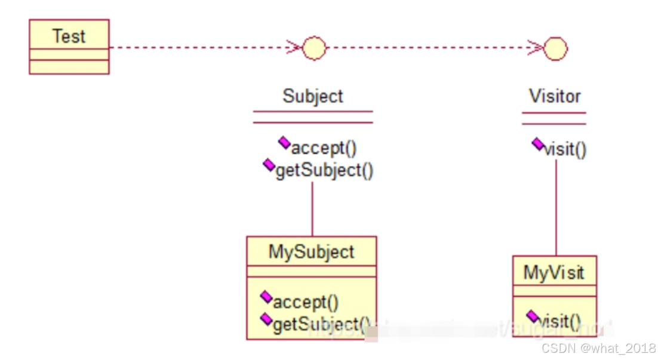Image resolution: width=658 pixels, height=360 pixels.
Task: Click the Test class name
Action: point(69,36)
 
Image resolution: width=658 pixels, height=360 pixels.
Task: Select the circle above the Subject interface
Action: point(314,48)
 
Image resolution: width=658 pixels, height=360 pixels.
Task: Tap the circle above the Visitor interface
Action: point(555,48)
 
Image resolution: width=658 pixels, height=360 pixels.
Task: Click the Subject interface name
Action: point(313,96)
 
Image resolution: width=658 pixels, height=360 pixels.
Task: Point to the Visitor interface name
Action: point(555,96)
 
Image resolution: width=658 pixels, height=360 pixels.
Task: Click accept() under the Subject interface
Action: point(324,147)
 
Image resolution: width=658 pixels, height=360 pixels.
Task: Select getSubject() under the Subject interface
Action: point(324,171)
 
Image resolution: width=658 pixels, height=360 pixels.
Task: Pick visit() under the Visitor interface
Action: point(565,149)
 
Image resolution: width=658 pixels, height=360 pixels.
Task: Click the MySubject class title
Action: point(311,252)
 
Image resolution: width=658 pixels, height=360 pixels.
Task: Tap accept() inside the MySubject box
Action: point(306,301)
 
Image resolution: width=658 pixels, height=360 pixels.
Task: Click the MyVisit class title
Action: point(554,273)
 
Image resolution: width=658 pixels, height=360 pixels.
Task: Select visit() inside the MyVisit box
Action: point(559,322)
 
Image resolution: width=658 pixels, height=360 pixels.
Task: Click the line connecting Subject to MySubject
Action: point(312,208)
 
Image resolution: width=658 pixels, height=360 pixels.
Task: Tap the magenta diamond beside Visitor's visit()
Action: point(537,143)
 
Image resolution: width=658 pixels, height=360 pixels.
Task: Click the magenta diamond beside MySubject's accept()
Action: point(266,296)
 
